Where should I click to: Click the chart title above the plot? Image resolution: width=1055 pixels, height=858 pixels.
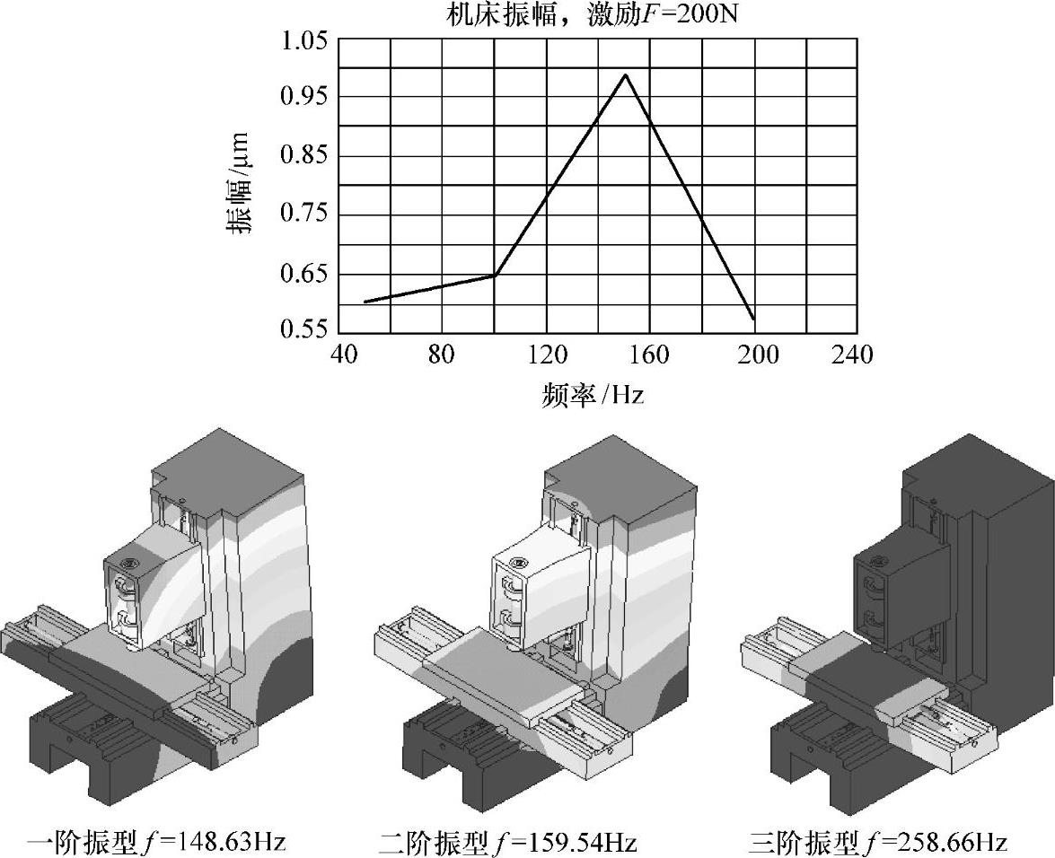click(x=592, y=15)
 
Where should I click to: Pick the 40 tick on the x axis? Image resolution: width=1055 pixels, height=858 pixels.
click(x=339, y=356)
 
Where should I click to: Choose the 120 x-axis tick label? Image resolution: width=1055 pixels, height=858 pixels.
click(x=546, y=356)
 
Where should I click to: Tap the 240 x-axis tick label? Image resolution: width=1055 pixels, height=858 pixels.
click(x=853, y=356)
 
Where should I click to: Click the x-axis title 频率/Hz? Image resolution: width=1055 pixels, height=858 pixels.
click(x=593, y=395)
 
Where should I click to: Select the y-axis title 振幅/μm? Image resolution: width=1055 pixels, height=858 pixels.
click(x=242, y=185)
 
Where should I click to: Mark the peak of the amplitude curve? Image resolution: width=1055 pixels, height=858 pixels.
click(x=625, y=74)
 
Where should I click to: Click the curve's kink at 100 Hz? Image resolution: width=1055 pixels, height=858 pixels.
click(x=495, y=276)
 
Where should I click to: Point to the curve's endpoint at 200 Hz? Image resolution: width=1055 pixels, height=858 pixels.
click(x=753, y=319)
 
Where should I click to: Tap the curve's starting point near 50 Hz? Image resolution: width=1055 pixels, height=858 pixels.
click(x=365, y=302)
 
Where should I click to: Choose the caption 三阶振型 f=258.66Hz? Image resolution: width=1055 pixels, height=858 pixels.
click(x=878, y=843)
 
